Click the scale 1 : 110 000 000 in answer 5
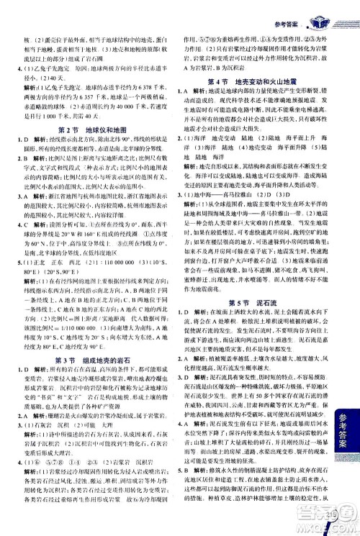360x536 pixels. tap(95, 263)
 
